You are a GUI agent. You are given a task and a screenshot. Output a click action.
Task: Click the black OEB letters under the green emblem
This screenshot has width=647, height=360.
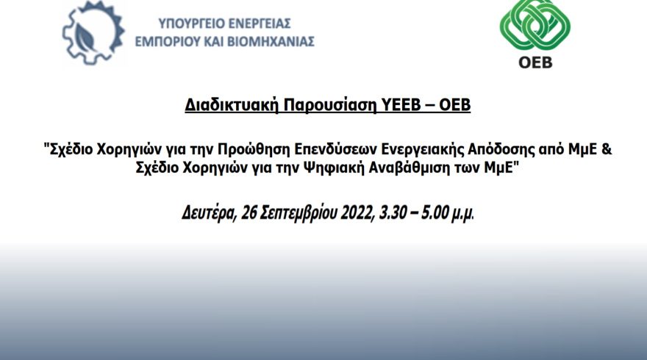pyautogui.click(x=535, y=62)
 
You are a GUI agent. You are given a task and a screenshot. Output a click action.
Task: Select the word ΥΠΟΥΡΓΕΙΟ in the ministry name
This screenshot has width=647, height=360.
pyautogui.click(x=190, y=24)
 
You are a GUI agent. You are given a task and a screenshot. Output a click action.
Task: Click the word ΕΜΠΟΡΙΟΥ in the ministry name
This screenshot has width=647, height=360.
pyautogui.click(x=168, y=42)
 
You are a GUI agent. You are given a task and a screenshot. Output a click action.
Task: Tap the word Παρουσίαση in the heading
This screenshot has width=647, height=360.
pyautogui.click(x=330, y=105)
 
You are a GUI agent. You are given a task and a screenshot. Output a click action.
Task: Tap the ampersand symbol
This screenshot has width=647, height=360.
pyautogui.click(x=607, y=148)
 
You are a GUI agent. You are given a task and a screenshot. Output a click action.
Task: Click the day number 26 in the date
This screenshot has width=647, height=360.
pyautogui.click(x=249, y=213)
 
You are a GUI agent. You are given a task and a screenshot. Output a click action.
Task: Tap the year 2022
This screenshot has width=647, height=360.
pyautogui.click(x=357, y=213)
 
